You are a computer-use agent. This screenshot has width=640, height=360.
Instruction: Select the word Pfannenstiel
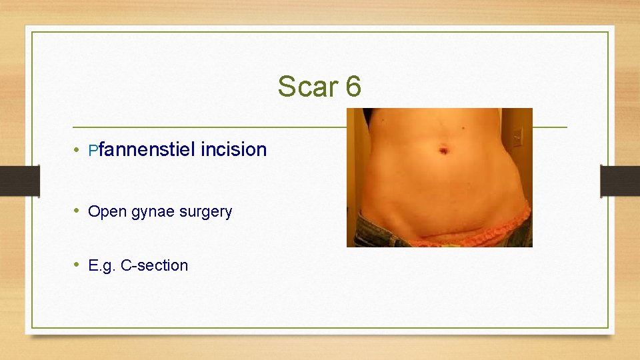141,149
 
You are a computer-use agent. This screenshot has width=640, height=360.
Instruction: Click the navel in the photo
443,151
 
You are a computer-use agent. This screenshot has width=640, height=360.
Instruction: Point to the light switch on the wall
519,137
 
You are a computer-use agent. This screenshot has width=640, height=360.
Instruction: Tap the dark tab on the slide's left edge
19,181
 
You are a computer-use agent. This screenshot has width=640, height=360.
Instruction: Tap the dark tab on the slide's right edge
620,181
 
